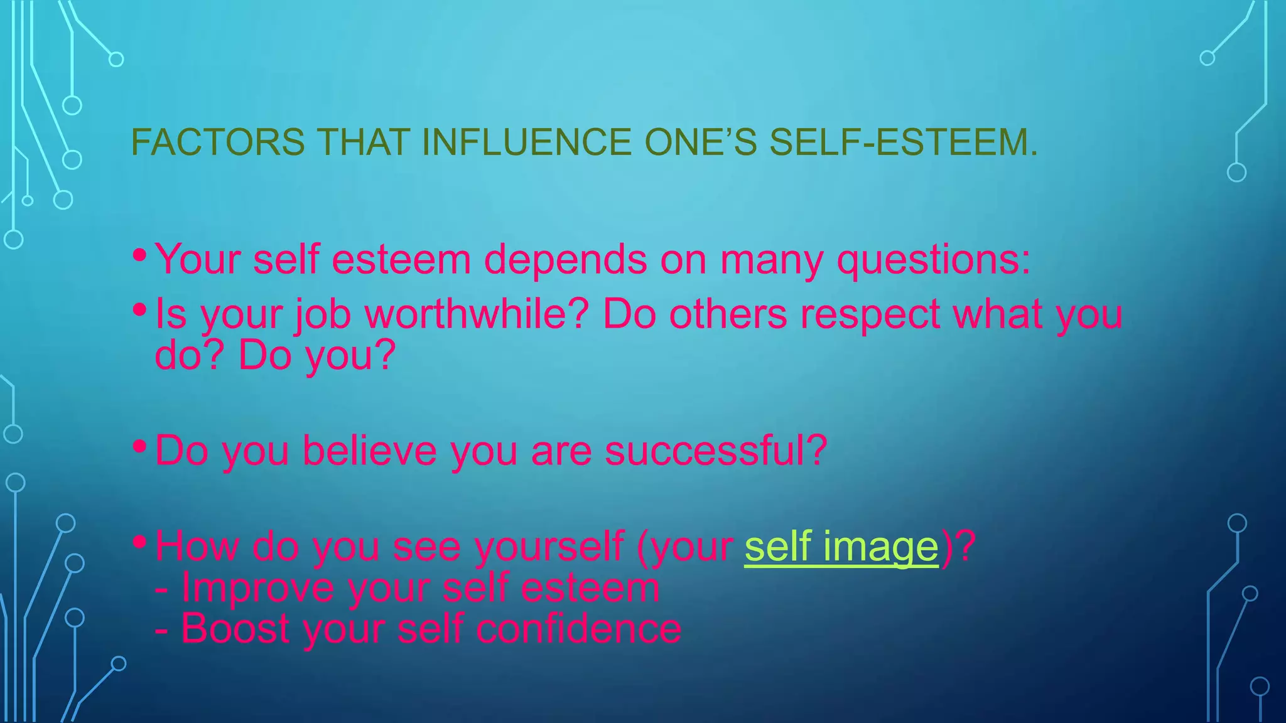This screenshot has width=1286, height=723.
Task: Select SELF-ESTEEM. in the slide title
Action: point(904,142)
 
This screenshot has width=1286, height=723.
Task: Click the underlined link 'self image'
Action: point(841,546)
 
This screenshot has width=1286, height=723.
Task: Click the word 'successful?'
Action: point(716,450)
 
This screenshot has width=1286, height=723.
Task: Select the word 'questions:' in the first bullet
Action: point(934,259)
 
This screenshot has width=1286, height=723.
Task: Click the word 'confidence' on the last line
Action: point(578,628)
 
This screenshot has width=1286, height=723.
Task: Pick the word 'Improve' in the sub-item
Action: point(257,587)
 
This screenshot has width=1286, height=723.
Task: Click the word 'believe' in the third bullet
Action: point(369,450)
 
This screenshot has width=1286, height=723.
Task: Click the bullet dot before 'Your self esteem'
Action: point(140,255)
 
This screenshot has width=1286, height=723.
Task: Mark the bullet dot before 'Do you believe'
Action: point(140,447)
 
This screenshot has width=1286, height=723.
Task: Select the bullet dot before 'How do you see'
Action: point(140,542)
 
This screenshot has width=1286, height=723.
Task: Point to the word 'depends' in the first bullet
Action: point(565,259)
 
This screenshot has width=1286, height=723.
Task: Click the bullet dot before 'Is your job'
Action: point(140,309)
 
